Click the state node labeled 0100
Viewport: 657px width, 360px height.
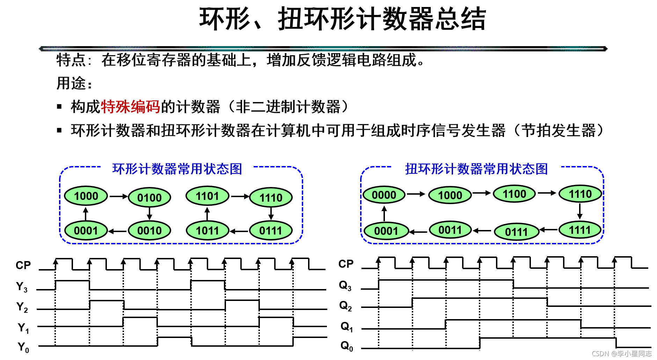point(149,198)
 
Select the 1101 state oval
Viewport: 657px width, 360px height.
point(207,196)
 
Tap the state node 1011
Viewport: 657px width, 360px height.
point(207,231)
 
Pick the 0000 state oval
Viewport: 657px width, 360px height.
point(384,195)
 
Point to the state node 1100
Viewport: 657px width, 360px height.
point(514,194)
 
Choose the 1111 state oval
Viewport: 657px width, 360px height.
point(580,230)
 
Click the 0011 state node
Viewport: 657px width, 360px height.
point(450,230)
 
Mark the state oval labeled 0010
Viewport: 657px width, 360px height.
point(149,231)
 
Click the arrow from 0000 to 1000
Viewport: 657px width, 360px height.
point(416,194)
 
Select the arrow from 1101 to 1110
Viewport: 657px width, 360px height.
point(240,196)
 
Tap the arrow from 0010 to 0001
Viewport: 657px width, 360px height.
point(117,231)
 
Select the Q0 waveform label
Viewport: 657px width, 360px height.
point(346,346)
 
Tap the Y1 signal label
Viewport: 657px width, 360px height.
point(23,328)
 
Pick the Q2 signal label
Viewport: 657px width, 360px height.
point(345,306)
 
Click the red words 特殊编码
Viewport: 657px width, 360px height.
point(130,107)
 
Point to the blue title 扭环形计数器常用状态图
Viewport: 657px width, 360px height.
point(476,169)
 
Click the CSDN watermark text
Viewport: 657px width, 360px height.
point(621,354)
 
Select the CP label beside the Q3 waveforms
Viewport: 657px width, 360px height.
point(346,264)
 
